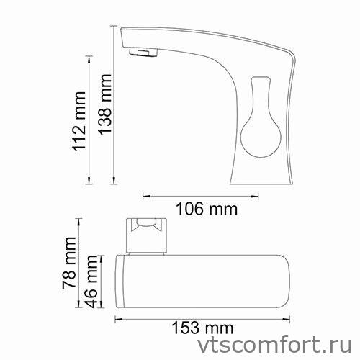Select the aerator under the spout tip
click(142, 52)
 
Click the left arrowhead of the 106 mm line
click(146, 194)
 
